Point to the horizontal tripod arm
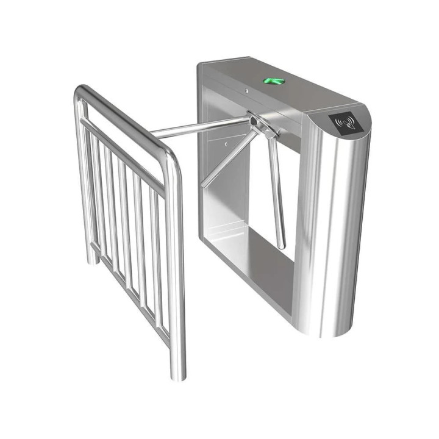pyautogui.click(x=201, y=128)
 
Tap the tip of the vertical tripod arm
pyautogui.click(x=281, y=246)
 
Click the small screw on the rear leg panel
pyautogui.click(x=226, y=145)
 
